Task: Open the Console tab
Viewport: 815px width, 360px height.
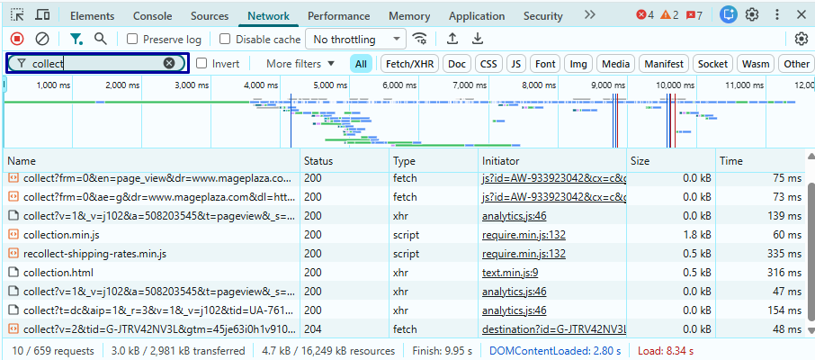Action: click(x=152, y=16)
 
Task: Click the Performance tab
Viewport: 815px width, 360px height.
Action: click(x=338, y=16)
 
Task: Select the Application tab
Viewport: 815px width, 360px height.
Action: click(x=476, y=16)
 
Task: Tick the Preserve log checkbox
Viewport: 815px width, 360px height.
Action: click(x=132, y=40)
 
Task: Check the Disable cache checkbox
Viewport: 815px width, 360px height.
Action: click(x=225, y=40)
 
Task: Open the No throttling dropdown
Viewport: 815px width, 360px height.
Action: click(x=356, y=40)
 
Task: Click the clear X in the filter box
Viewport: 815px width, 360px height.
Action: click(x=169, y=64)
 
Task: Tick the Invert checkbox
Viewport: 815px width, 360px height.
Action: click(x=202, y=64)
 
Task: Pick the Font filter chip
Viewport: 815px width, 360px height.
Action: click(x=545, y=64)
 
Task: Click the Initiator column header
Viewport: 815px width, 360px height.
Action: click(x=500, y=161)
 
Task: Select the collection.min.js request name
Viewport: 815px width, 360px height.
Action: click(x=61, y=234)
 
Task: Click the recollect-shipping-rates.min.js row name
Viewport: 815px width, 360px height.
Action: click(x=94, y=253)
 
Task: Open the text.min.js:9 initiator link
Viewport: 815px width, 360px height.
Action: click(x=510, y=272)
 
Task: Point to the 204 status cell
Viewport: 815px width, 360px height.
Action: click(x=312, y=328)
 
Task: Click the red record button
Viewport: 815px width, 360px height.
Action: click(x=16, y=39)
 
